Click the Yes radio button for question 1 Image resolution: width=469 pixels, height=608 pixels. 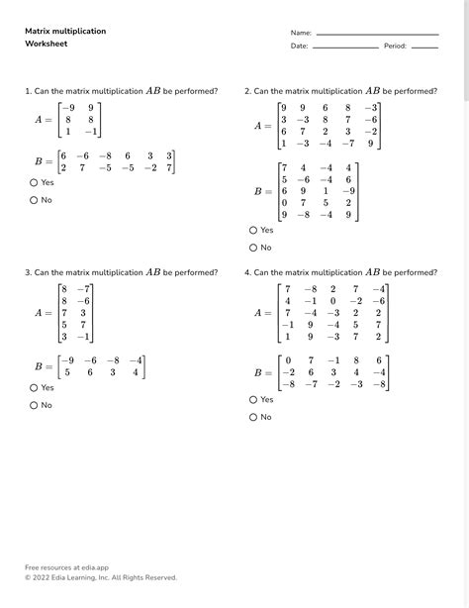tap(34, 182)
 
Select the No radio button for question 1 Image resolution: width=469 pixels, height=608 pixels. tap(34, 200)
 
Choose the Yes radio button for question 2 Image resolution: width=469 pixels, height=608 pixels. tap(253, 230)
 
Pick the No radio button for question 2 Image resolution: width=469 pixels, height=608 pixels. tap(253, 248)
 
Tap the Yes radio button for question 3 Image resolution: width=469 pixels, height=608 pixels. tap(34, 388)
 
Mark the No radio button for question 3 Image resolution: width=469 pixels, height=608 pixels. tap(34, 405)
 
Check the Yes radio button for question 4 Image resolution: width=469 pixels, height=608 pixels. tap(253, 399)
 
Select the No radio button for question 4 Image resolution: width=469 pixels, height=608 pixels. tap(253, 417)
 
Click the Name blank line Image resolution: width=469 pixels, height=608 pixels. tap(377, 34)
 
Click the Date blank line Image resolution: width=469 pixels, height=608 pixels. tap(345, 47)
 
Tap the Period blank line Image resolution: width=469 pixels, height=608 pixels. tap(423, 47)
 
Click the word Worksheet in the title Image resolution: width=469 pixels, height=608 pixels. tap(46, 45)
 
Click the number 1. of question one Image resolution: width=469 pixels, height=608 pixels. tap(28, 91)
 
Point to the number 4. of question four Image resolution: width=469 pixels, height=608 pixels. tap(247, 271)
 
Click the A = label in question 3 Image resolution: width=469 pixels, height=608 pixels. tap(44, 312)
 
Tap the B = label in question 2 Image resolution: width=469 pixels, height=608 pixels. tap(263, 191)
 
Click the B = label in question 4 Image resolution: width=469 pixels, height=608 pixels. tap(263, 373)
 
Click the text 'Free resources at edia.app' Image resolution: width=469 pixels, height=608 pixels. tap(67, 568)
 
